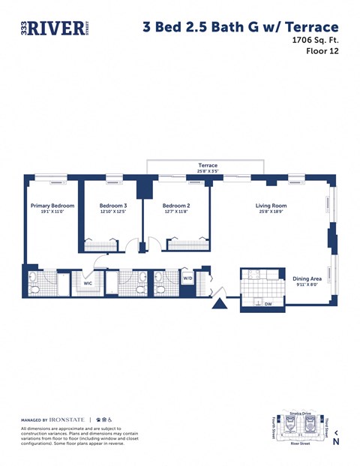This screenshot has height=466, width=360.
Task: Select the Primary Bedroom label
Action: click(x=52, y=206)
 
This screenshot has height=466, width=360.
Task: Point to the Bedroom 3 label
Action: click(x=113, y=206)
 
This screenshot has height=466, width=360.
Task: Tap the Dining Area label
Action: click(x=307, y=279)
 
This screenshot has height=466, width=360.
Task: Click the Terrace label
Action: click(x=208, y=165)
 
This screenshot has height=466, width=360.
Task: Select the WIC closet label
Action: click(x=87, y=284)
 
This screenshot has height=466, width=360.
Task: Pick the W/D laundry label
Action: click(x=187, y=278)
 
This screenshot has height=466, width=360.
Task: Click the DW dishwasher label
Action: click(x=268, y=304)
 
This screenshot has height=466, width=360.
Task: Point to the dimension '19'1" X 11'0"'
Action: click(x=52, y=212)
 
